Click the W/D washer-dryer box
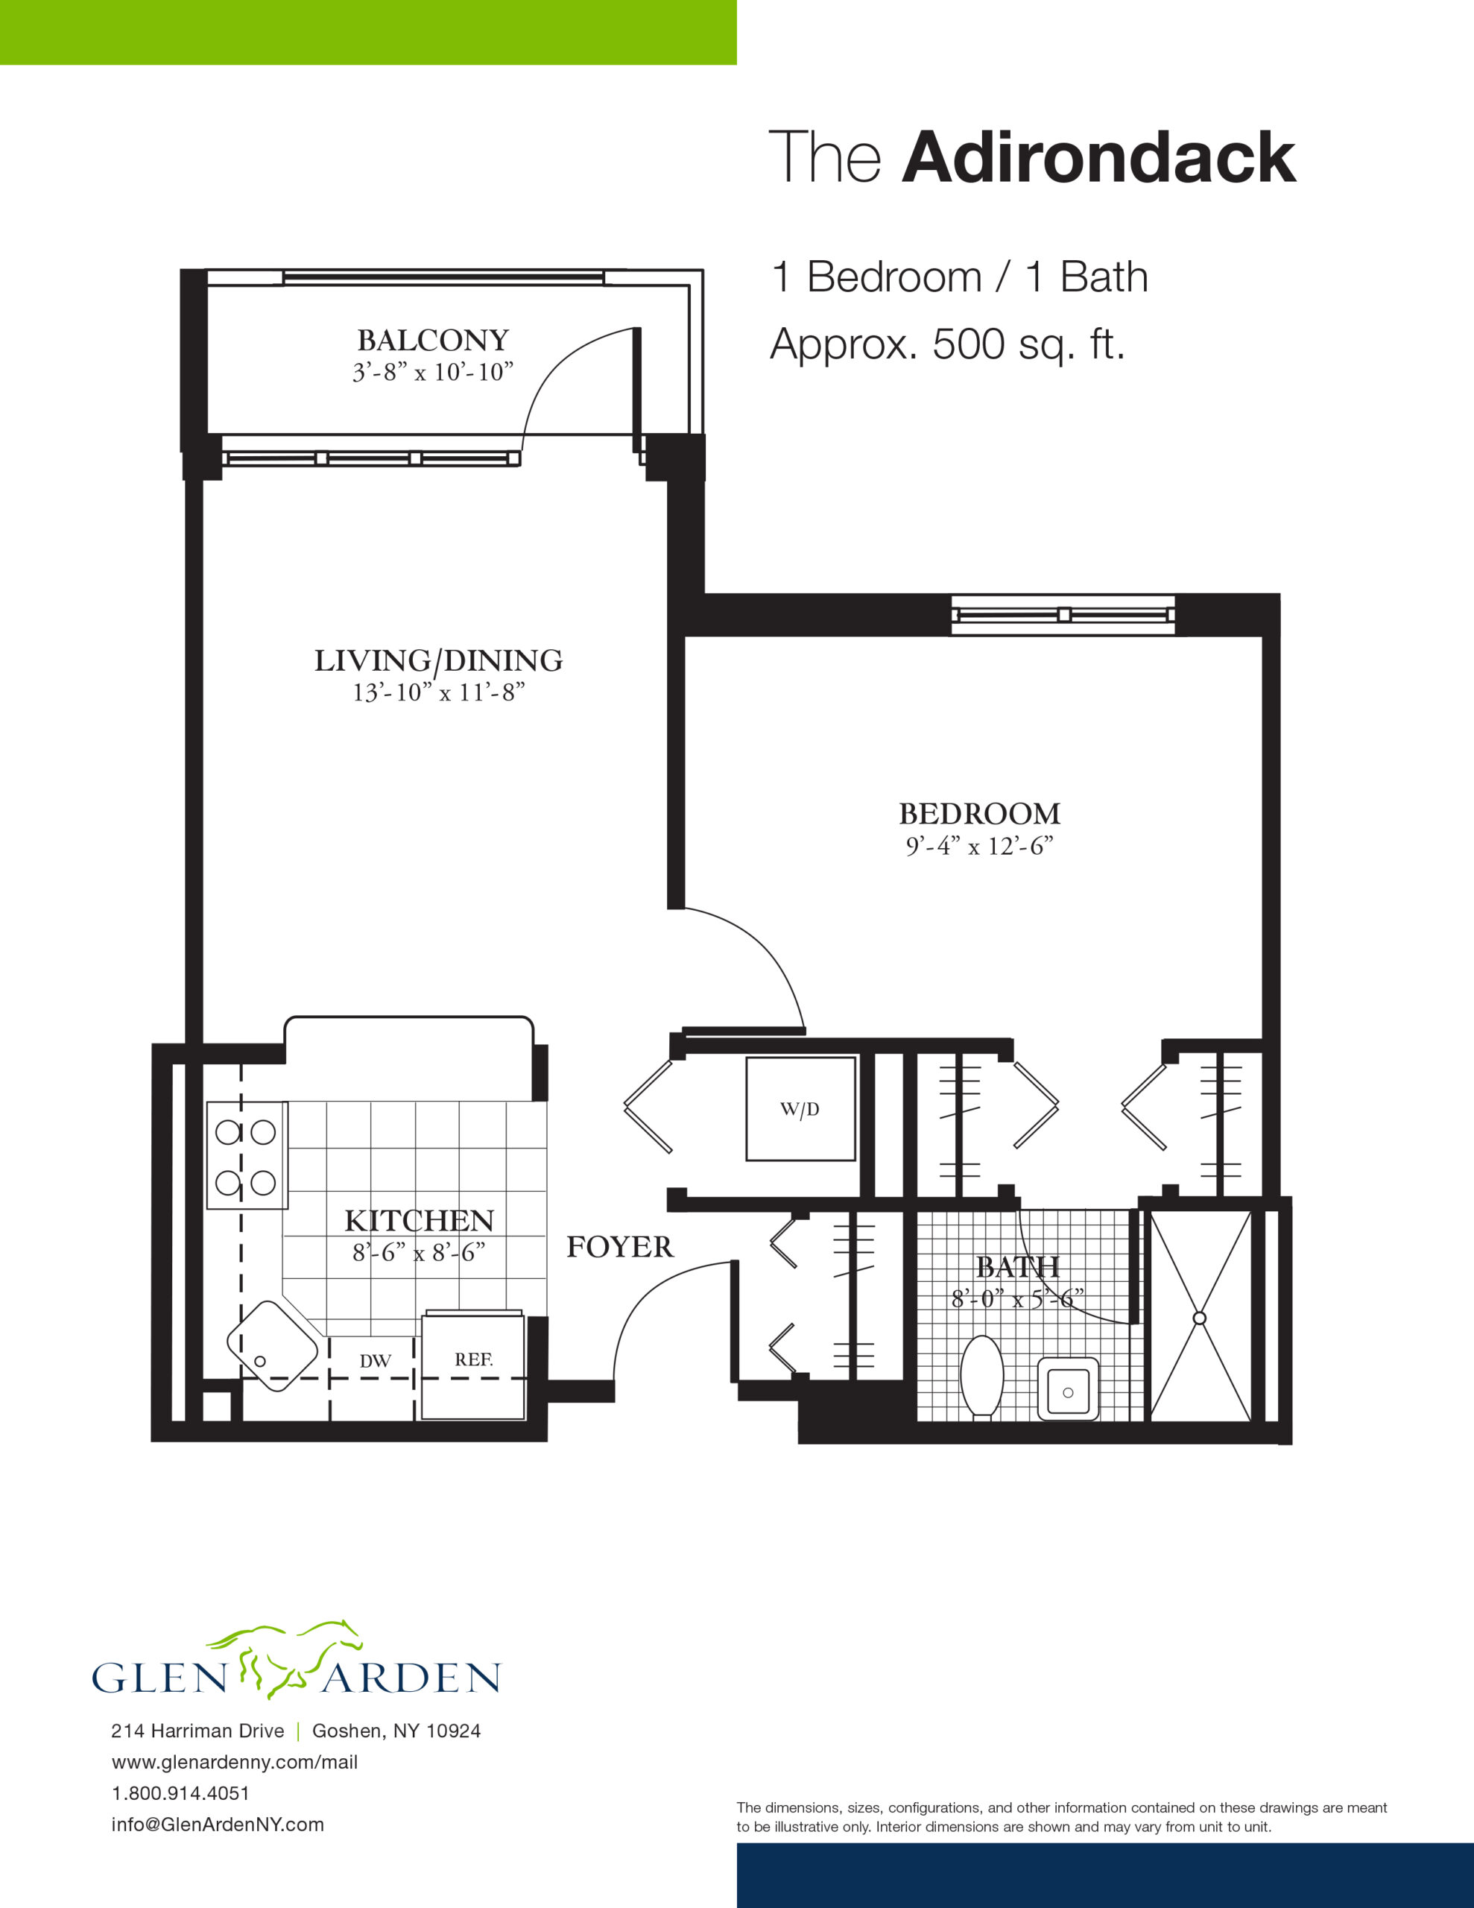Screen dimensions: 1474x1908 click(800, 1108)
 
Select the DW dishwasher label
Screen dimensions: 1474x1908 click(375, 1361)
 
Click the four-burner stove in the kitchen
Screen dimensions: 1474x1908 click(247, 1156)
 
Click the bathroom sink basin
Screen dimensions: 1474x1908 click(1068, 1389)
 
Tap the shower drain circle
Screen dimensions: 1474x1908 click(1200, 1318)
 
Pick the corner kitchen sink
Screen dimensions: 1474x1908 click(272, 1346)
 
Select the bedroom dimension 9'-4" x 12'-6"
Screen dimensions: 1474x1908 click(979, 846)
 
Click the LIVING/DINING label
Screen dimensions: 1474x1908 click(439, 660)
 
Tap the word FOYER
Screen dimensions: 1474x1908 click(620, 1247)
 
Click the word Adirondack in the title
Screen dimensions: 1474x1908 click(1099, 157)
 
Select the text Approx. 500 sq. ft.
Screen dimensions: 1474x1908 click(947, 344)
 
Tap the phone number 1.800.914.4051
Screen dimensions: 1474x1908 click(181, 1792)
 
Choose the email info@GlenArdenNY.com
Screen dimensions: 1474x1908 click(218, 1824)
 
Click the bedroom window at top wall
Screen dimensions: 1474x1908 click(1063, 615)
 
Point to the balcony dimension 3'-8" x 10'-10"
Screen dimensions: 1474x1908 click(432, 372)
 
